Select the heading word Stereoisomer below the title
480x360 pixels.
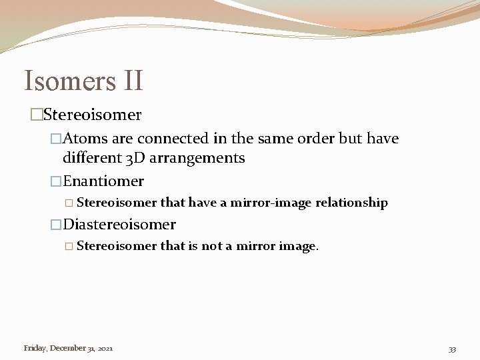[x=92, y=115]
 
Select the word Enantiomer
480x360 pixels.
[x=103, y=181]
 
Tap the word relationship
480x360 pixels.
[x=351, y=203]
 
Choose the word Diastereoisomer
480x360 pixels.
[x=119, y=224]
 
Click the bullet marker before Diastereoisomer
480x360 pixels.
[x=57, y=225]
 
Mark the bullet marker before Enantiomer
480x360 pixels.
[x=57, y=182]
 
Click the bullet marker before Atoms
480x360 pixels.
[x=57, y=139]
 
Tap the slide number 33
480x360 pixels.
[x=452, y=349]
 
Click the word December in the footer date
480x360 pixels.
[x=67, y=348]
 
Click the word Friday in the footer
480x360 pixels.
[x=35, y=348]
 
